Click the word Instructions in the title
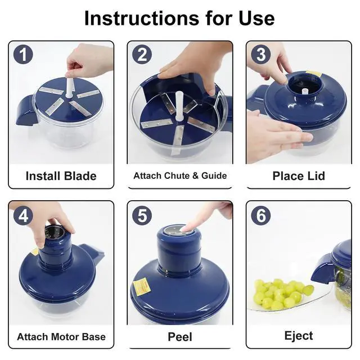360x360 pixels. pyautogui.click(x=142, y=18)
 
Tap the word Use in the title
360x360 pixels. pyautogui.click(x=256, y=18)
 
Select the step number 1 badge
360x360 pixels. pyautogui.click(x=23, y=55)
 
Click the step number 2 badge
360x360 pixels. pyautogui.click(x=142, y=55)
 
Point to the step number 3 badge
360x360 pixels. pyautogui.click(x=261, y=55)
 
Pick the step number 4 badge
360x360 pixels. pyautogui.click(x=23, y=215)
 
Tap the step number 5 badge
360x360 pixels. pyautogui.click(x=142, y=215)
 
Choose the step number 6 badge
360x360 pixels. pyautogui.click(x=261, y=215)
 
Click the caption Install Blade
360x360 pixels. pyautogui.click(x=61, y=176)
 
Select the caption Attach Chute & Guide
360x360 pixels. pyautogui.click(x=180, y=175)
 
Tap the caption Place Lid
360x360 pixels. pyautogui.click(x=299, y=176)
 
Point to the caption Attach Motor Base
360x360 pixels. pyautogui.click(x=61, y=337)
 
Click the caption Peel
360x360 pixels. pyautogui.click(x=180, y=337)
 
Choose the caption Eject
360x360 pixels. pyautogui.click(x=299, y=336)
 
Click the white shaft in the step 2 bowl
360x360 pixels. pyautogui.click(x=179, y=106)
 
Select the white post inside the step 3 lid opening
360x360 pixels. pyautogui.click(x=305, y=91)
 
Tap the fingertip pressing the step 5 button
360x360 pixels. pyautogui.click(x=186, y=228)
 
